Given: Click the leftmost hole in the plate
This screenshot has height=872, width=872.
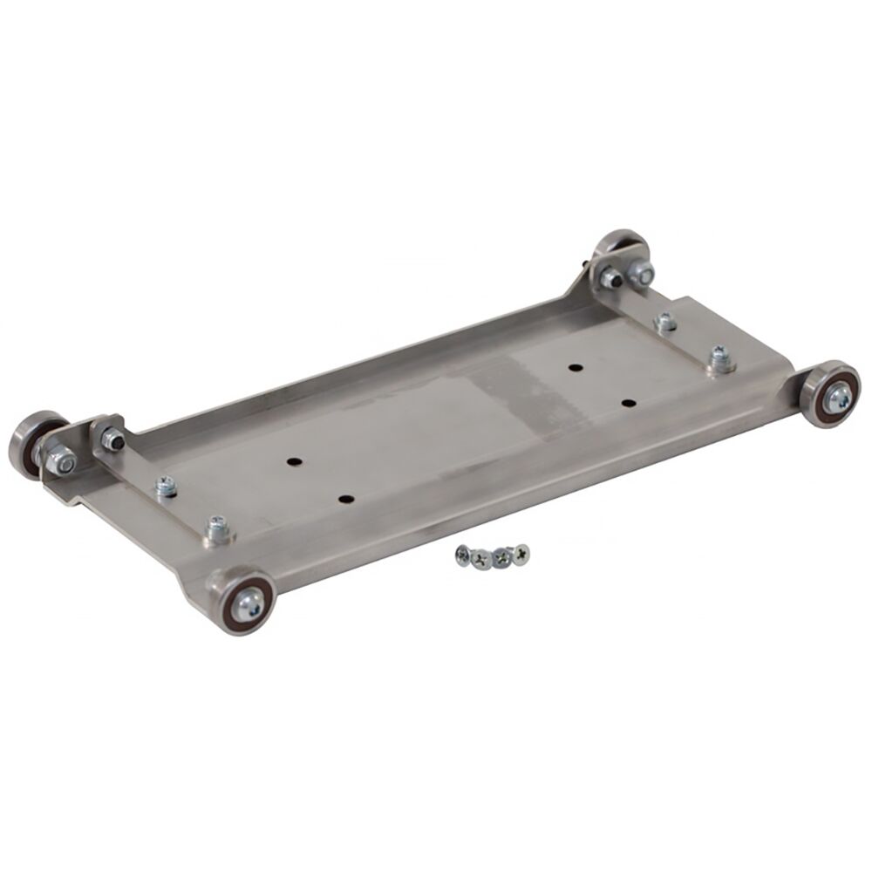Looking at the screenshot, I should coord(292,460).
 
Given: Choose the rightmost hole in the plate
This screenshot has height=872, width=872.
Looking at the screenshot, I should coord(629,403).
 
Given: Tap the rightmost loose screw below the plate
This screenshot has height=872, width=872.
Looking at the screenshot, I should coord(521,553).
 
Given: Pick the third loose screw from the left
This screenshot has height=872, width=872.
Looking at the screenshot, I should coord(501,555).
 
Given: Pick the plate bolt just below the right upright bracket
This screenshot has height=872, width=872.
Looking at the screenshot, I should coord(665,321).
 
